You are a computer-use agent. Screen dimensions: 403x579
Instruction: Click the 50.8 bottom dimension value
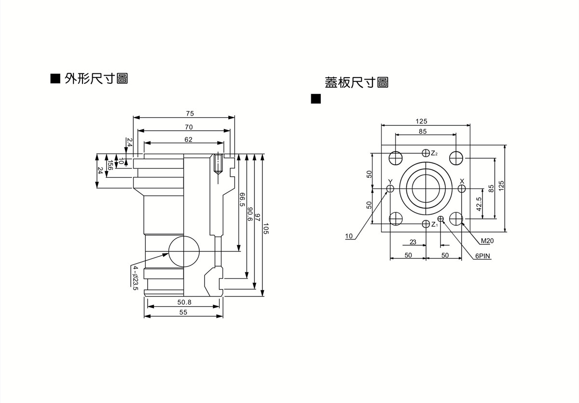184,302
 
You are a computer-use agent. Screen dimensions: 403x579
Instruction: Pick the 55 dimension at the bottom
183,312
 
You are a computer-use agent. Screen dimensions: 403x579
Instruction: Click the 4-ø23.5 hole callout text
136,278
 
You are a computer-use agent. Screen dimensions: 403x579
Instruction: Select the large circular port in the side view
184,251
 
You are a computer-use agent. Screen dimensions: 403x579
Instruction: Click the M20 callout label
486,241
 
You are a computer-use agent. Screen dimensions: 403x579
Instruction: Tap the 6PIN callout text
482,256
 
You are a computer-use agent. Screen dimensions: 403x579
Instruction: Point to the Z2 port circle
426,153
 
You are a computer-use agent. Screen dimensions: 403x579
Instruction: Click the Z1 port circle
426,224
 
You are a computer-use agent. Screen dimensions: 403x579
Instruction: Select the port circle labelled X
462,188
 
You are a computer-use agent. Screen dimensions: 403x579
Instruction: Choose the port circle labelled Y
390,188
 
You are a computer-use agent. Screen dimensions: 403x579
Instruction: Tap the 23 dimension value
413,242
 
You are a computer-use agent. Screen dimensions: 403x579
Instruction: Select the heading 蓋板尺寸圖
357,82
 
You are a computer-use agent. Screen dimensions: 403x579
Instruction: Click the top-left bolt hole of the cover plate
397,158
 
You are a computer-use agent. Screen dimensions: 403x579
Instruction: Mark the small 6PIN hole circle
441,219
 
